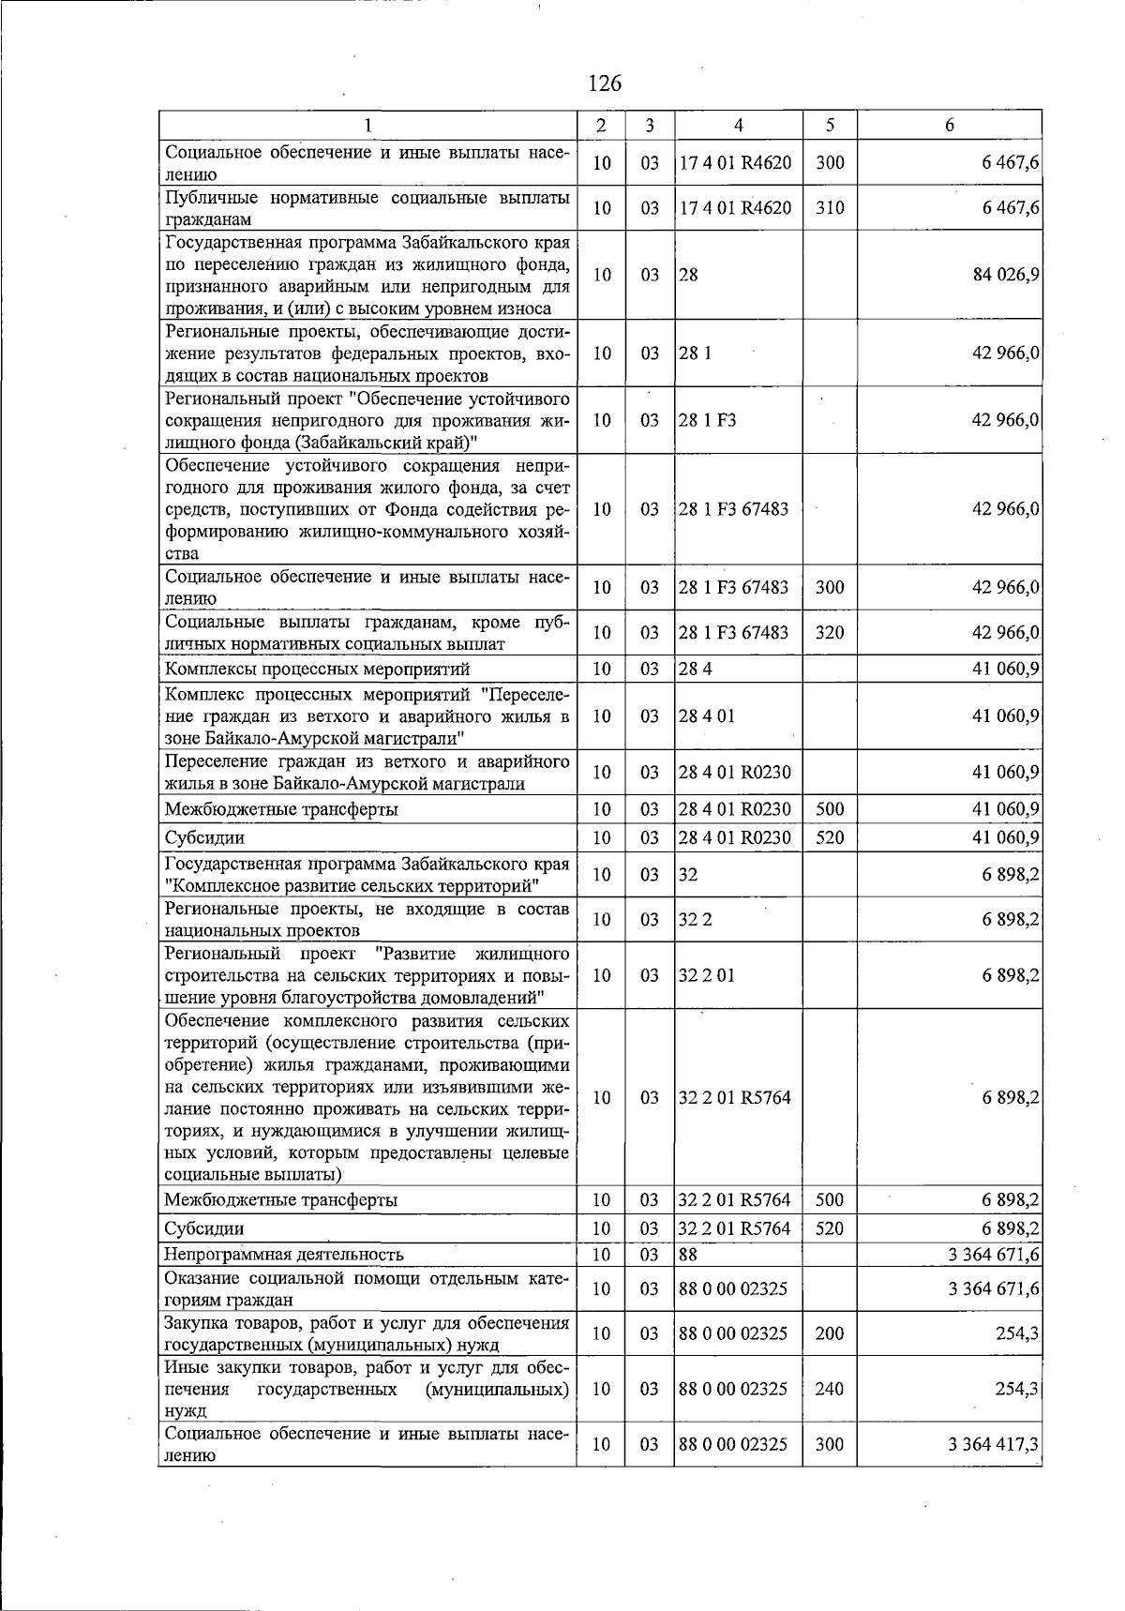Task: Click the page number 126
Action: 604,83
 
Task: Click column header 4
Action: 738,125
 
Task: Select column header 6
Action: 949,125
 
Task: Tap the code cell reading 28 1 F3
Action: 708,420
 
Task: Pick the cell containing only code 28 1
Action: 695,354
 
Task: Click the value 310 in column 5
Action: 829,208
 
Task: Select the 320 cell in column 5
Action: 829,633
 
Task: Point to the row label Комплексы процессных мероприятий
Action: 317,670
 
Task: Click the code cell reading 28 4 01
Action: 707,716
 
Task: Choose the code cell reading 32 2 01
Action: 707,975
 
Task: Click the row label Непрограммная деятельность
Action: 284,1255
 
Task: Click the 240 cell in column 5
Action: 829,1389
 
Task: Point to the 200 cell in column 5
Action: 829,1333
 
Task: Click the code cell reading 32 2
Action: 696,920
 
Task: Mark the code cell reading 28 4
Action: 695,670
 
